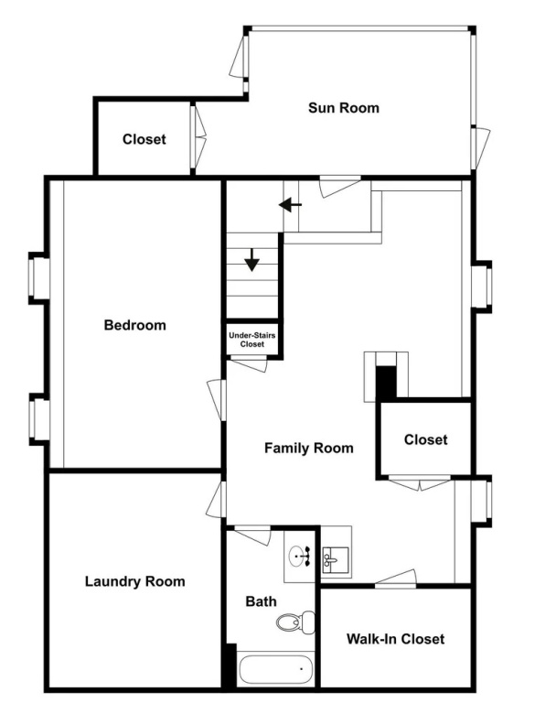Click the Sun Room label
[344, 108]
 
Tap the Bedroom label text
[134, 325]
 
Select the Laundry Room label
[134, 581]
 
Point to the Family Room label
[309, 448]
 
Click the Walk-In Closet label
[396, 638]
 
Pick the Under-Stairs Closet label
[252, 340]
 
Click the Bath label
[262, 601]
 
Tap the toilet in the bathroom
[295, 622]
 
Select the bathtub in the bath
[275, 669]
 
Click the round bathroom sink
[299, 557]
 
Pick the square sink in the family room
[335, 559]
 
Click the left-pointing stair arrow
[290, 205]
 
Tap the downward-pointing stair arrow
[252, 260]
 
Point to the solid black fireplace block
[385, 383]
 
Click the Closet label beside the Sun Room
[144, 139]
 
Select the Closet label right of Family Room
[425, 439]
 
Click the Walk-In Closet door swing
[396, 579]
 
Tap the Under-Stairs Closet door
[249, 364]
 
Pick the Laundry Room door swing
[216, 500]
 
